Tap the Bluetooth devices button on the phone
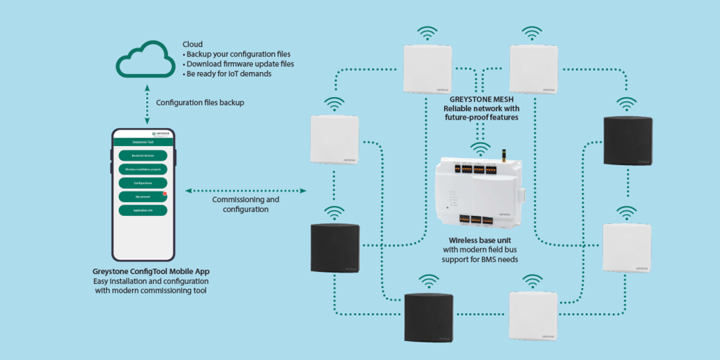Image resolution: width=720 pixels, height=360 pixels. click(143, 155)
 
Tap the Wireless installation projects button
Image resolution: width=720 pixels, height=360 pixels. click(143, 169)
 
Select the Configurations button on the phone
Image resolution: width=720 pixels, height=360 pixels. click(143, 183)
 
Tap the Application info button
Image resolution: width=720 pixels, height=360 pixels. click(143, 210)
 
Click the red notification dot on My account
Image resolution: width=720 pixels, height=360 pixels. click(165, 194)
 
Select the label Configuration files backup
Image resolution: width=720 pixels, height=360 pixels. click(200, 103)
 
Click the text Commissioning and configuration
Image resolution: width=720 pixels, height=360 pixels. click(245, 204)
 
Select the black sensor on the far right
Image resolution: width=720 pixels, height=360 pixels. click(627, 141)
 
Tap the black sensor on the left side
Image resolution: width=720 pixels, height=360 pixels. click(335, 248)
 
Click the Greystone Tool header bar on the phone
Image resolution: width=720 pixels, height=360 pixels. click(143, 143)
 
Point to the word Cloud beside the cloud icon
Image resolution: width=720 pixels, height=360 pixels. click(192, 44)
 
